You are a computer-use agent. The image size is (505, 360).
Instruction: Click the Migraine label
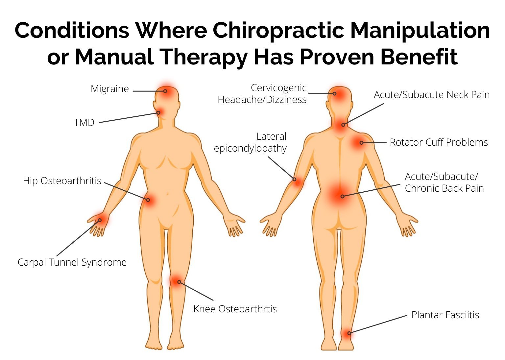[x=109, y=89]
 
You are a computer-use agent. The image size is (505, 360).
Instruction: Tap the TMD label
[x=84, y=123]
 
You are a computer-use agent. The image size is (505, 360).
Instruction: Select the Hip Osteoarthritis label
[x=62, y=181]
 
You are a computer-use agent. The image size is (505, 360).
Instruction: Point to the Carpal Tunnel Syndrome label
[x=72, y=262]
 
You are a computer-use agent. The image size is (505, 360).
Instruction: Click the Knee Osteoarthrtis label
[x=235, y=309]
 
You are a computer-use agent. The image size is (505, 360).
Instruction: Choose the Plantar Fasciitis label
[x=445, y=315]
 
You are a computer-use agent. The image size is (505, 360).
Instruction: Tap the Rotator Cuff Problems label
[x=439, y=142]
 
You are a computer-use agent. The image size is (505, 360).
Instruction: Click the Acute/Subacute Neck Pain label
[x=432, y=95]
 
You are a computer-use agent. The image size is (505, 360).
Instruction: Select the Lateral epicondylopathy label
[x=251, y=142]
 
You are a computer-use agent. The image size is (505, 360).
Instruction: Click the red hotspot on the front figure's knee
[x=179, y=282]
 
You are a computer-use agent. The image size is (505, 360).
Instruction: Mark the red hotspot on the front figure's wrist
[x=100, y=220]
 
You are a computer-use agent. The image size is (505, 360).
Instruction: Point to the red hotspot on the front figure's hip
[x=148, y=200]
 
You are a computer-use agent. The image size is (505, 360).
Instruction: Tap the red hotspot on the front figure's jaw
[x=158, y=112]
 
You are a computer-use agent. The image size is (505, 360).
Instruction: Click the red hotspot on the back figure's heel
[x=349, y=333]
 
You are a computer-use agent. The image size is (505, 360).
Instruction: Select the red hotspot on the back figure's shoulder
[x=361, y=143]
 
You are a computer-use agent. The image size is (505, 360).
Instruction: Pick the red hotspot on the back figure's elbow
[x=295, y=180]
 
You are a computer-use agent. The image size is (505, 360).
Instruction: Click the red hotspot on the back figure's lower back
[x=342, y=196]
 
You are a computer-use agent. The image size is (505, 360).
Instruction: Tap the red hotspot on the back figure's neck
[x=343, y=125]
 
